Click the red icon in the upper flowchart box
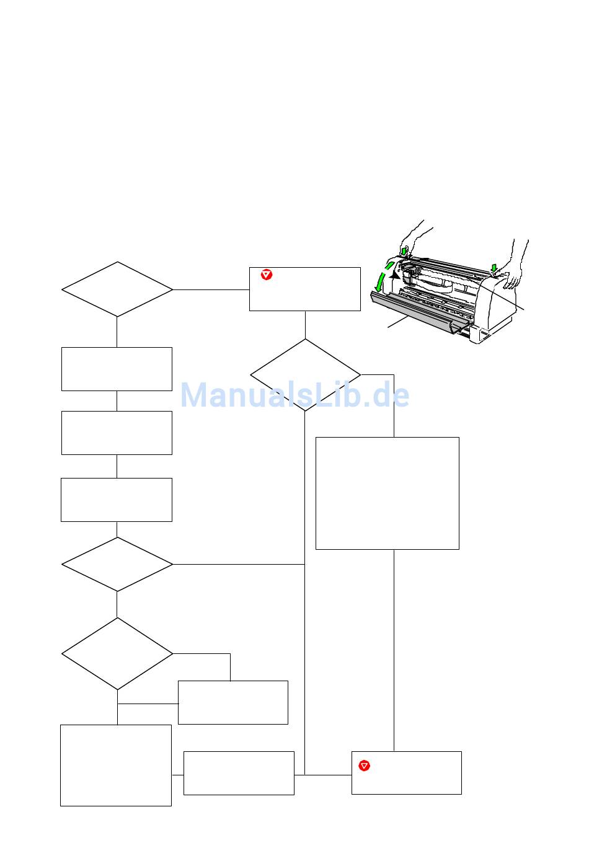[267, 275]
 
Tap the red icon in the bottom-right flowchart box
[365, 766]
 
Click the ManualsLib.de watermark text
[294, 395]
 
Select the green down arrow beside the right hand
[494, 268]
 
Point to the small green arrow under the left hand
[404, 250]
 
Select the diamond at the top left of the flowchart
[117, 289]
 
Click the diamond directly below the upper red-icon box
[305, 374]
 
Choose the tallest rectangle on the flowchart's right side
[387, 493]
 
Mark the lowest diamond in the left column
[117, 653]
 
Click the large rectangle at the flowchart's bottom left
[116, 765]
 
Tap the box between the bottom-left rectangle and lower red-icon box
[239, 773]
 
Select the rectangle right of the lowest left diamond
[233, 702]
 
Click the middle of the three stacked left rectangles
[117, 433]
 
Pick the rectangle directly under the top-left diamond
[117, 369]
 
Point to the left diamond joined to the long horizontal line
[117, 564]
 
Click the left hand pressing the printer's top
[414, 235]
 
